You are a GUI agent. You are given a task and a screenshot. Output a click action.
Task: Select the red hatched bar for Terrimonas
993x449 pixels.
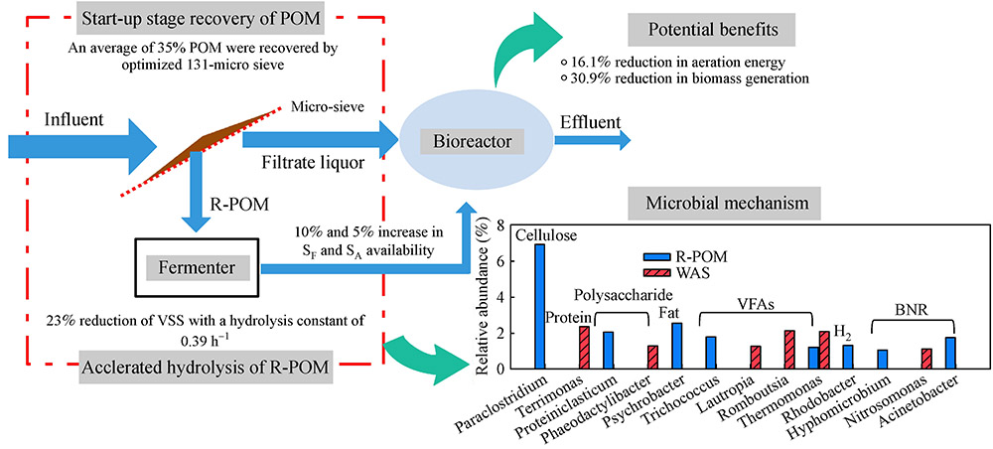pos(585,347)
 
